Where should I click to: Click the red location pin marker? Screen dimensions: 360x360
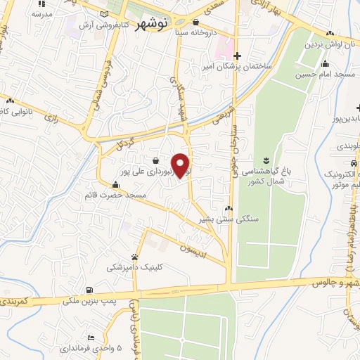point(181,165)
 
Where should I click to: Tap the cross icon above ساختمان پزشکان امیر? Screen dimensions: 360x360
point(238,56)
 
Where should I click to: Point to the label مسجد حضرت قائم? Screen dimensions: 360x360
point(137,194)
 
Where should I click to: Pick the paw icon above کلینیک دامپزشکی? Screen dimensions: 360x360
point(134,256)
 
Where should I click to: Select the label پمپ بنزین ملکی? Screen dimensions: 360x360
point(89,300)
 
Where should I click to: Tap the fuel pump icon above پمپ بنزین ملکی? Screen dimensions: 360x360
point(89,290)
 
